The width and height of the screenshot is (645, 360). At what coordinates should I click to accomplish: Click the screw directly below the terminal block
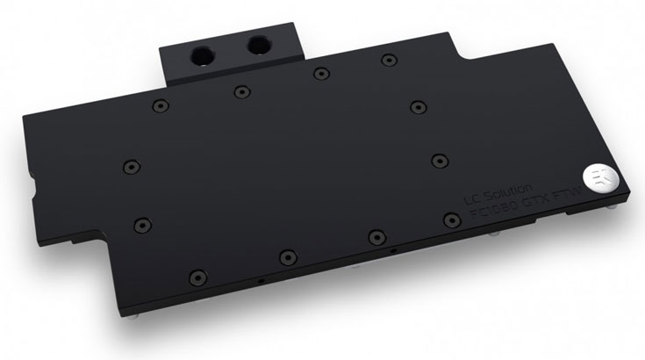tap(240, 90)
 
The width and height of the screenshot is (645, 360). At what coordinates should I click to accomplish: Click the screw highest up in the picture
tap(387, 60)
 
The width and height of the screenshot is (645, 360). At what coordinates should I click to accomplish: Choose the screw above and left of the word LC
tap(438, 159)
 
